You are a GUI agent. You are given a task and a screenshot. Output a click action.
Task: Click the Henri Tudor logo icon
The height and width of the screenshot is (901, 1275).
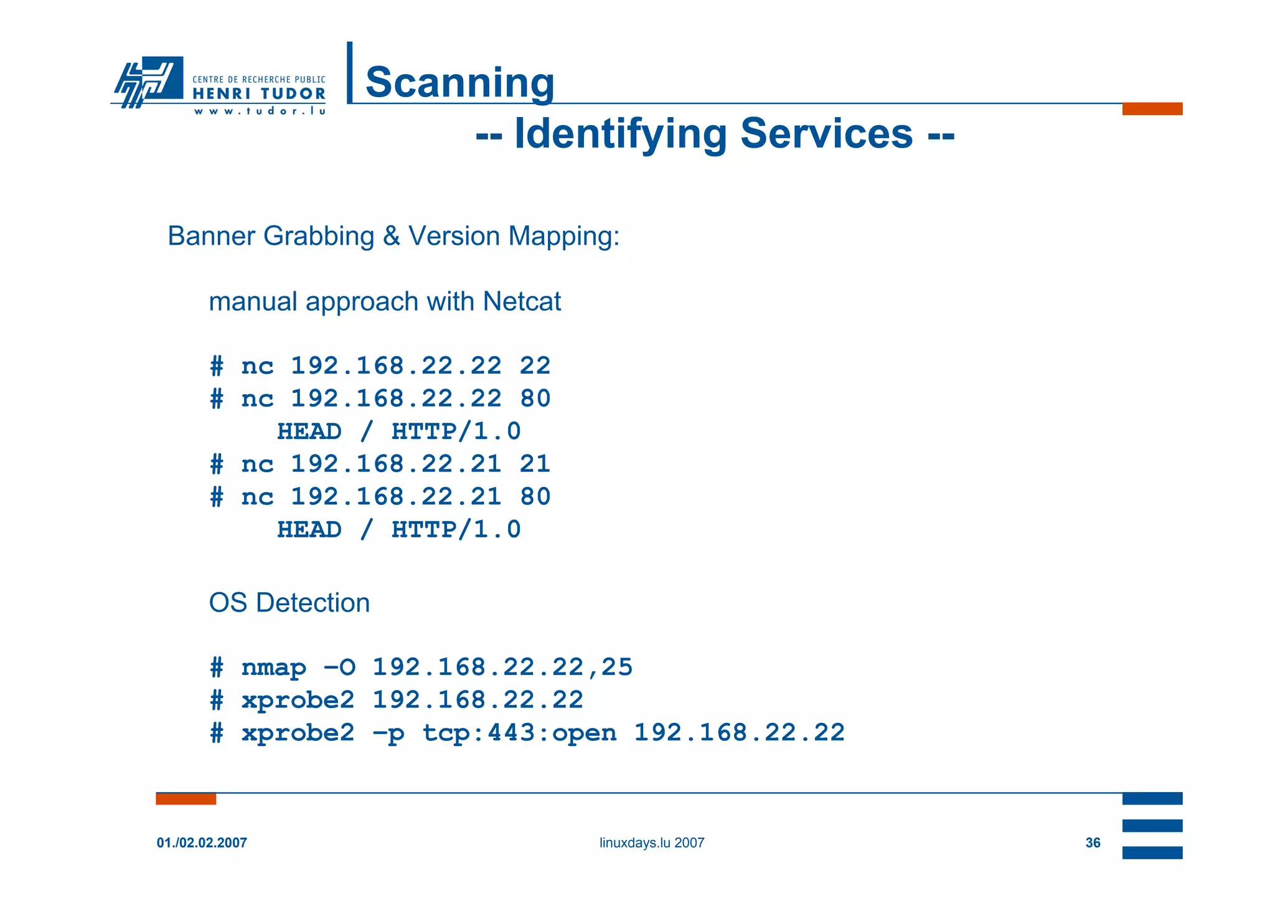click(x=148, y=81)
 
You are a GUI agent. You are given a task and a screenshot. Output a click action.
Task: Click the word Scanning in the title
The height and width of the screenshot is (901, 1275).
click(x=459, y=82)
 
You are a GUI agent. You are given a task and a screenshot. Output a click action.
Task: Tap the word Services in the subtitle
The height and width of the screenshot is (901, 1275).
click(x=826, y=133)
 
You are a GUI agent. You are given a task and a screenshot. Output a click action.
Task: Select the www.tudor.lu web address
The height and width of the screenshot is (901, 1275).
click(x=260, y=111)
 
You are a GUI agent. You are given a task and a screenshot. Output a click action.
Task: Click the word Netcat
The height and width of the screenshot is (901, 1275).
click(x=522, y=302)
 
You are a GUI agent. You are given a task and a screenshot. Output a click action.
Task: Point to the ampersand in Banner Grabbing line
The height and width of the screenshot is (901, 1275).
click(x=391, y=237)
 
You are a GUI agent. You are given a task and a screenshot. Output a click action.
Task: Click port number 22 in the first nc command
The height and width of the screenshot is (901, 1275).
click(x=535, y=366)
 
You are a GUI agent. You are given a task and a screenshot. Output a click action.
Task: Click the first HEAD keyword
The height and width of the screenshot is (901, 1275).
click(x=309, y=432)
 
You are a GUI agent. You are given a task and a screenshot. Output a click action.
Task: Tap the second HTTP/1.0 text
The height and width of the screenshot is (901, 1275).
click(x=456, y=530)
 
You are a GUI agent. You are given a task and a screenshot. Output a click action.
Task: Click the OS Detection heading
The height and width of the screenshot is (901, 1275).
click(x=289, y=603)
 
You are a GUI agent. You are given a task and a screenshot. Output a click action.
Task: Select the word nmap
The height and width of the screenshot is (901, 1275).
click(x=274, y=668)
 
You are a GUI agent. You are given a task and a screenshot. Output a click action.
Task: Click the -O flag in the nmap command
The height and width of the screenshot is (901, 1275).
click(x=339, y=668)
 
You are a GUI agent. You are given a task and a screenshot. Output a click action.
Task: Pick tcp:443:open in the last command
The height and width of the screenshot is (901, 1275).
click(x=519, y=734)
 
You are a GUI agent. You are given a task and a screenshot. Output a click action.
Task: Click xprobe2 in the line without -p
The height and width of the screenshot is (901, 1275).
click(x=298, y=701)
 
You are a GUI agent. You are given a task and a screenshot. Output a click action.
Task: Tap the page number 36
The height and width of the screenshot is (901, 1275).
click(x=1093, y=843)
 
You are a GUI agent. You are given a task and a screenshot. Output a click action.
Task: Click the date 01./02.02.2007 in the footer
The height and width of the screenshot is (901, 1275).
click(x=202, y=843)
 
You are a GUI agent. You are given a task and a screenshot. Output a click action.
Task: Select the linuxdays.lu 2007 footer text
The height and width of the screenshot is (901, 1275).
click(x=652, y=843)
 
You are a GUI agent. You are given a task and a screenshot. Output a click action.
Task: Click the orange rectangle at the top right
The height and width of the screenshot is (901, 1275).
click(x=1152, y=109)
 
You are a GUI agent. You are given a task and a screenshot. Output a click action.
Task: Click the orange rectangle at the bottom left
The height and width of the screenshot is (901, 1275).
click(x=186, y=799)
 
